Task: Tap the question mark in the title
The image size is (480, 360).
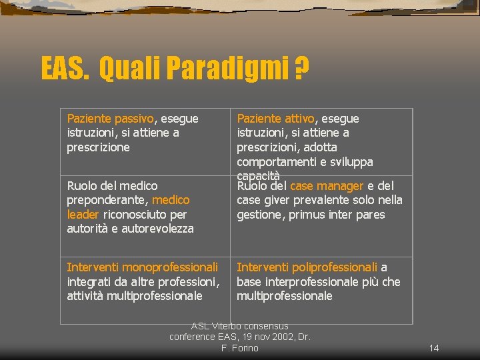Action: click(x=302, y=68)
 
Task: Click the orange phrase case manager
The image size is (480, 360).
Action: click(x=327, y=186)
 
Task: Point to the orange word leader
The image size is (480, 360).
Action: click(x=83, y=215)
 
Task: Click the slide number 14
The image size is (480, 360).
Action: click(x=434, y=348)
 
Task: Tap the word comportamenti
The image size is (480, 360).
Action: click(x=275, y=162)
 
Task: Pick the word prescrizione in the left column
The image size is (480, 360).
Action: click(x=98, y=147)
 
